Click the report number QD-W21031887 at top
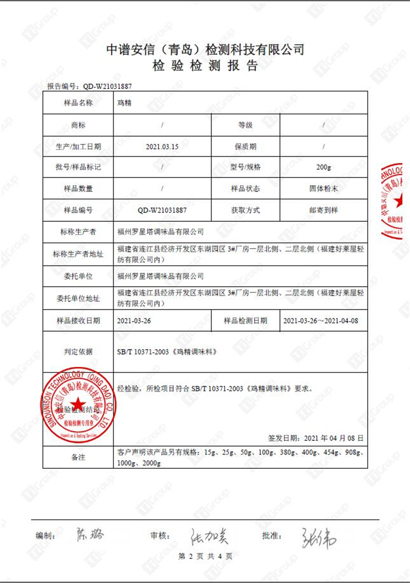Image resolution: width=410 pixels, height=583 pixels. [108, 86]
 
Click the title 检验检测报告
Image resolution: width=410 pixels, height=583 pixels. [205, 67]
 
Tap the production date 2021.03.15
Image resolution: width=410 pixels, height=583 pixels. [163, 146]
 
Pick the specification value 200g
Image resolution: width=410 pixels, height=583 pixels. [324, 167]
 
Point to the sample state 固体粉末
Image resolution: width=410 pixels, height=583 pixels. [324, 189]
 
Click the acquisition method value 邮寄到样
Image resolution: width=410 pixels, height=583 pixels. [324, 210]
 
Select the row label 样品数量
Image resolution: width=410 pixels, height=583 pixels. [78, 189]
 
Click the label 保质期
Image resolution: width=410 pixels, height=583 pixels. [245, 146]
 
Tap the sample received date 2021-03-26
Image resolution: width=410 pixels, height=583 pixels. [134, 321]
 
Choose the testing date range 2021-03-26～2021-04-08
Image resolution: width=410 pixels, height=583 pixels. [321, 321]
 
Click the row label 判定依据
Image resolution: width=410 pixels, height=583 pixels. [78, 352]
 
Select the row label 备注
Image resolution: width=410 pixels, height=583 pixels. [78, 457]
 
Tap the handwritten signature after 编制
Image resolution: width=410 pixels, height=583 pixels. [89, 534]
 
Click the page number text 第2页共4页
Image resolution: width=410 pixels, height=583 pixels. [205, 556]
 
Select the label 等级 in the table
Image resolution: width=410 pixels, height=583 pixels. [245, 125]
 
